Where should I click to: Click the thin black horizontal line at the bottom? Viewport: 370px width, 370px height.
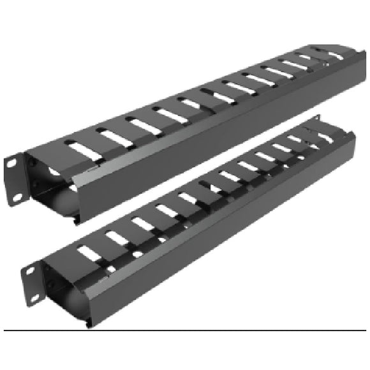pos(185,330)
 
